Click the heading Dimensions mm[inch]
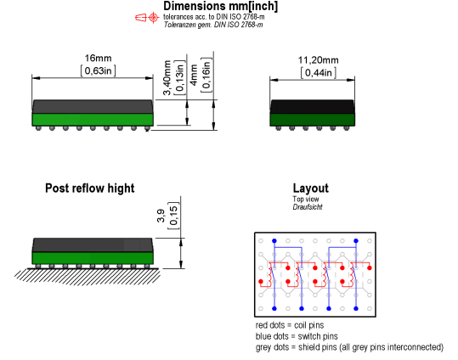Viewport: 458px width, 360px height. [221, 7]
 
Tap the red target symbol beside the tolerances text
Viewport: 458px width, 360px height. [153, 18]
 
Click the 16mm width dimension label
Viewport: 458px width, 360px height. [99, 58]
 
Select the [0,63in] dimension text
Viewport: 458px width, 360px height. [99, 70]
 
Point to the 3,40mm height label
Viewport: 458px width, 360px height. [167, 77]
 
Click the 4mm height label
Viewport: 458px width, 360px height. [194, 75]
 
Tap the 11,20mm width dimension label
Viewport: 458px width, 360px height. [318, 60]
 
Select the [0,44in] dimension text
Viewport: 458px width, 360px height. [319, 73]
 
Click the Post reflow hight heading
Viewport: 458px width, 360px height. [90, 188]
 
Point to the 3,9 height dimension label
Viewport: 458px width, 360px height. [161, 216]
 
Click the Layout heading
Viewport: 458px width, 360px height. [310, 188]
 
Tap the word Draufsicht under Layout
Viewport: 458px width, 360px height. [308, 207]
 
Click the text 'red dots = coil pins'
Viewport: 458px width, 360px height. [290, 325]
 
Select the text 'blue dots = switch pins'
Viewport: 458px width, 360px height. [297, 336]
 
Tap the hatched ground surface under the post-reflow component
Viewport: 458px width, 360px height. [88, 276]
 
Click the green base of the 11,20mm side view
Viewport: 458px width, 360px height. [312, 120]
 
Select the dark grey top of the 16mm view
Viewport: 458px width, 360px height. [93, 107]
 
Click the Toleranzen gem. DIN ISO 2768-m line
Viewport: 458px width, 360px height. [213, 25]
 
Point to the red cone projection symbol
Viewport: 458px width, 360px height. [140, 18]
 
